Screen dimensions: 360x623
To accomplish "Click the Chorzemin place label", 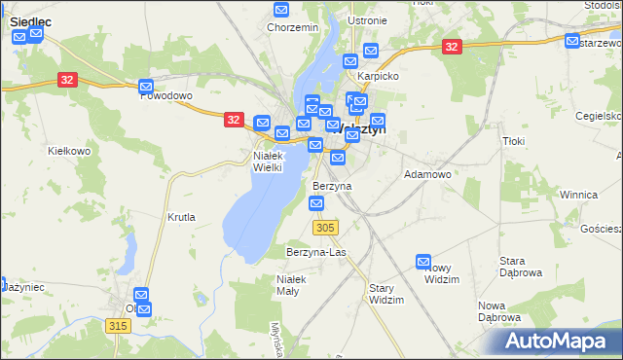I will [x=292, y=28].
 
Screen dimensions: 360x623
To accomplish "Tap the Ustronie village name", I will [x=366, y=20].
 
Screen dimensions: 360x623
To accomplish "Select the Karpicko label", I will [x=378, y=75].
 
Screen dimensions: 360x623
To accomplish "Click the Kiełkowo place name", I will [x=69, y=151].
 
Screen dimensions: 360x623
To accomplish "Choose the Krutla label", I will [x=181, y=217].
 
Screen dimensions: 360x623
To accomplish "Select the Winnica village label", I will [x=577, y=195].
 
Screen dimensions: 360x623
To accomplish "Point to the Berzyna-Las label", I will [x=315, y=252].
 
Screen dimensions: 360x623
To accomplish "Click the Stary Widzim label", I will [x=386, y=294].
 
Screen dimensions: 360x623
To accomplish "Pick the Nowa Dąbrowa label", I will [x=499, y=311].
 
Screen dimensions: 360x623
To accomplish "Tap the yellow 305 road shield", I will [x=326, y=227].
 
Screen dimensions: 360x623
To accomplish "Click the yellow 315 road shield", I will [x=119, y=326].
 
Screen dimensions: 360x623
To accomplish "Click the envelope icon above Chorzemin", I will [x=281, y=11].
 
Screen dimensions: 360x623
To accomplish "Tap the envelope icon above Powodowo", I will [x=146, y=86].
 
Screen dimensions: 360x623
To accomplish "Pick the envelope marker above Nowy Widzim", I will [x=423, y=262].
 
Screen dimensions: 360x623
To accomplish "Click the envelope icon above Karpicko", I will [x=370, y=51].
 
